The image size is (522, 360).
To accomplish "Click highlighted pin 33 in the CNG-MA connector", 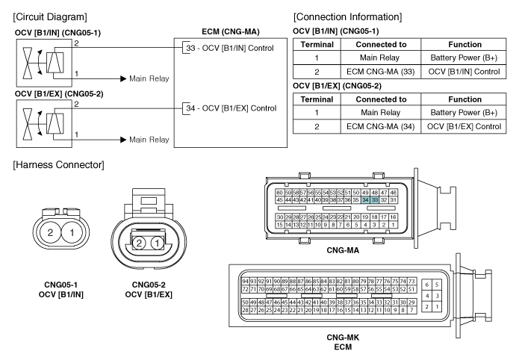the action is coord(375,200).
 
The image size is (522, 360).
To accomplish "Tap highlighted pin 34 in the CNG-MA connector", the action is coord(365,200).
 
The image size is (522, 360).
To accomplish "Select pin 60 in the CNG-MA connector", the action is coord(279,193).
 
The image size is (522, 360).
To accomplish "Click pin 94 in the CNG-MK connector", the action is coord(245,282).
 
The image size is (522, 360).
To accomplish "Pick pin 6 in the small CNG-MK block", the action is coord(427,285).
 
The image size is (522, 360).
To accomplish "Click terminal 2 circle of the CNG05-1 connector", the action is coord(50,232).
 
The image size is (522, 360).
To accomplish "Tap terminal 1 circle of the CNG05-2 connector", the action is coord(157,243).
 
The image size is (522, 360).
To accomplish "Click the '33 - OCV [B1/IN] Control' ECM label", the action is coord(230,48).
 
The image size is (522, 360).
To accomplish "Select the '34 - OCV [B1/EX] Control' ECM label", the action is coord(231,108).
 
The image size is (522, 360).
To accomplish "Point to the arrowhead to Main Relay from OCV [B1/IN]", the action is coord(123,78).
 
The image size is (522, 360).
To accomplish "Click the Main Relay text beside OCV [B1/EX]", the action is coord(149,140).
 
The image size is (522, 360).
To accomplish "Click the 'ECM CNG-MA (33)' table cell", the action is coord(381,72).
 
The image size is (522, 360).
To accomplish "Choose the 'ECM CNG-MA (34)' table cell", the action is coord(381,126).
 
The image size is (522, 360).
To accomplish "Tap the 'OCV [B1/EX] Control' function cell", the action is coord(464,126).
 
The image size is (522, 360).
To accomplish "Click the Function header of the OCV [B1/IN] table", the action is coord(464,45).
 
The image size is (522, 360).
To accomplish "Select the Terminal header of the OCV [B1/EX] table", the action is coord(317,99).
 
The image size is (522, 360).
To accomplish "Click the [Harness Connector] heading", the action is coord(58,165).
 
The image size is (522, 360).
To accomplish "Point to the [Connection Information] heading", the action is coord(347,17).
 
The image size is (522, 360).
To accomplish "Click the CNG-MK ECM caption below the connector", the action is coord(343,342).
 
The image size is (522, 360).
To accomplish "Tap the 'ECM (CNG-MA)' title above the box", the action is coord(231,31).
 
